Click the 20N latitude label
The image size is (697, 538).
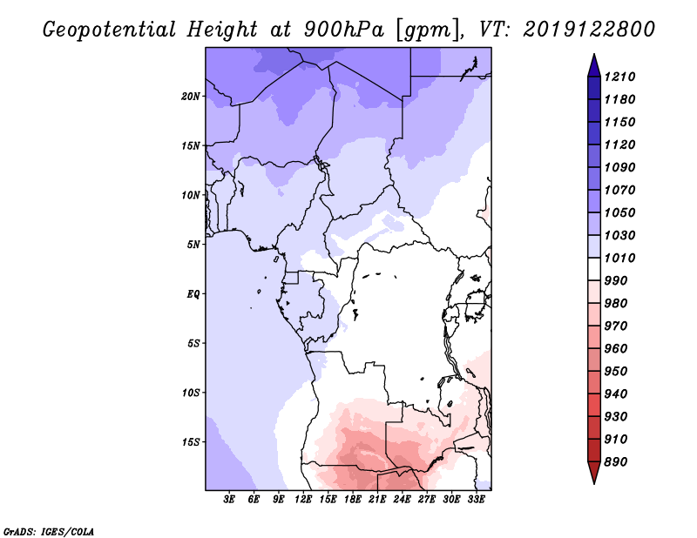pyautogui.click(x=191, y=97)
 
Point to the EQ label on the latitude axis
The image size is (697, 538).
pyautogui.click(x=193, y=294)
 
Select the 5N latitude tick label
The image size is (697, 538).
pyautogui.click(x=193, y=245)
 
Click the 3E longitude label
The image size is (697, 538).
pyautogui.click(x=229, y=500)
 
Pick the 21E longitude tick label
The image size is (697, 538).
pyautogui.click(x=377, y=500)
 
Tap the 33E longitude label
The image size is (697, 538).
pyautogui.click(x=476, y=500)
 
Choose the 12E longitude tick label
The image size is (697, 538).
pyautogui.click(x=303, y=500)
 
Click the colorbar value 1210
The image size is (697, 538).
pyautogui.click(x=619, y=77)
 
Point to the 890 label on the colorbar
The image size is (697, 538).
pyautogui.click(x=616, y=462)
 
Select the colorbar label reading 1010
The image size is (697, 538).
pyautogui.click(x=619, y=258)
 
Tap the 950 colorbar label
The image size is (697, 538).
pyautogui.click(x=616, y=372)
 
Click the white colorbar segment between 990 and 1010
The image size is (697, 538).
pyautogui.click(x=594, y=269)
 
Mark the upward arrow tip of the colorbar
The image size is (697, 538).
pyautogui.click(x=594, y=54)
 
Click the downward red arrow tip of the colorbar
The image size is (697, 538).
pyautogui.click(x=594, y=484)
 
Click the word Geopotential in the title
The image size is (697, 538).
pyautogui.click(x=110, y=30)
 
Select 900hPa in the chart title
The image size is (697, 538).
pyautogui.click(x=344, y=30)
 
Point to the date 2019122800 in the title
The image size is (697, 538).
pyautogui.click(x=589, y=30)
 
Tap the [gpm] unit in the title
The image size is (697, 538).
pyautogui.click(x=428, y=30)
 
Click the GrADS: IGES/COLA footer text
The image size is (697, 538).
pyautogui.click(x=49, y=532)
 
